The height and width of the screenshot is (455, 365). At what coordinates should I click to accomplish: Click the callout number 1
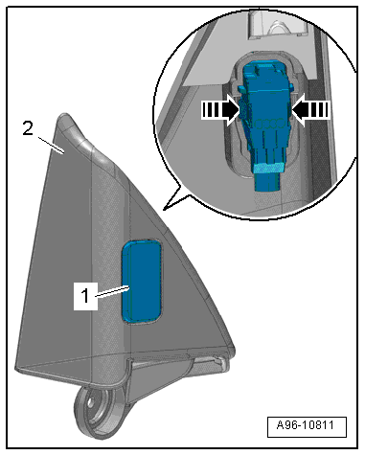point(85,296)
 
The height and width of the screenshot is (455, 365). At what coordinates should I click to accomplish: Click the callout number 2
point(28,129)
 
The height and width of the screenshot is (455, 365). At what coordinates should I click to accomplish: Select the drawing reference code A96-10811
point(306,425)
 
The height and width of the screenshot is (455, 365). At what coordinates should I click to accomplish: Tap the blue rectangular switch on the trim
point(141,281)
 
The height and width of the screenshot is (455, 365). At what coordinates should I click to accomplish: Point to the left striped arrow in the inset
point(220,110)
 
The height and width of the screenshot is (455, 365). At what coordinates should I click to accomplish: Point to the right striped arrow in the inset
point(310,110)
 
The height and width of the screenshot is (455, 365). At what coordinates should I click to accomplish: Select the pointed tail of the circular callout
point(164,210)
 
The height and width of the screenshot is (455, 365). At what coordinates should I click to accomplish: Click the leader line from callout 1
point(112,292)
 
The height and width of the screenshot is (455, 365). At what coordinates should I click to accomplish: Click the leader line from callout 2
point(51,145)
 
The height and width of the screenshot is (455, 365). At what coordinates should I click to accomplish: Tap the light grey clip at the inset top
point(277,25)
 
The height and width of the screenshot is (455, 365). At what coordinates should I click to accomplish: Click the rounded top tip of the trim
point(64,116)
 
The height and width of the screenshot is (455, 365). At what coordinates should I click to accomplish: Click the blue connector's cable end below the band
point(267,182)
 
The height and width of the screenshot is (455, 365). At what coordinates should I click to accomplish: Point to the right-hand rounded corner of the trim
point(232,350)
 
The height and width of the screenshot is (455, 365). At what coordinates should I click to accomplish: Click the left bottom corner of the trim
point(16,369)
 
